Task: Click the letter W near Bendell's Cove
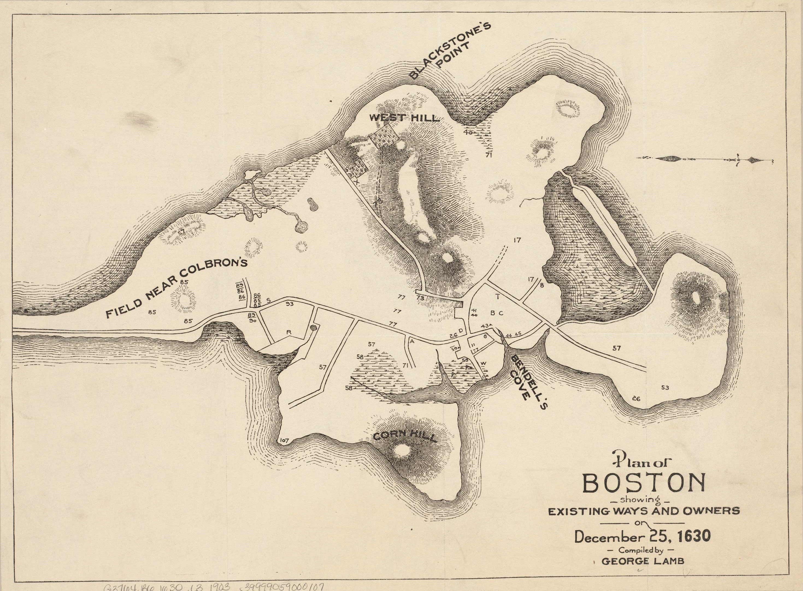point(483,364)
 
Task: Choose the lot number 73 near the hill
point(420,297)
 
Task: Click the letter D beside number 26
point(461,330)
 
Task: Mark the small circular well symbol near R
point(314,327)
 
